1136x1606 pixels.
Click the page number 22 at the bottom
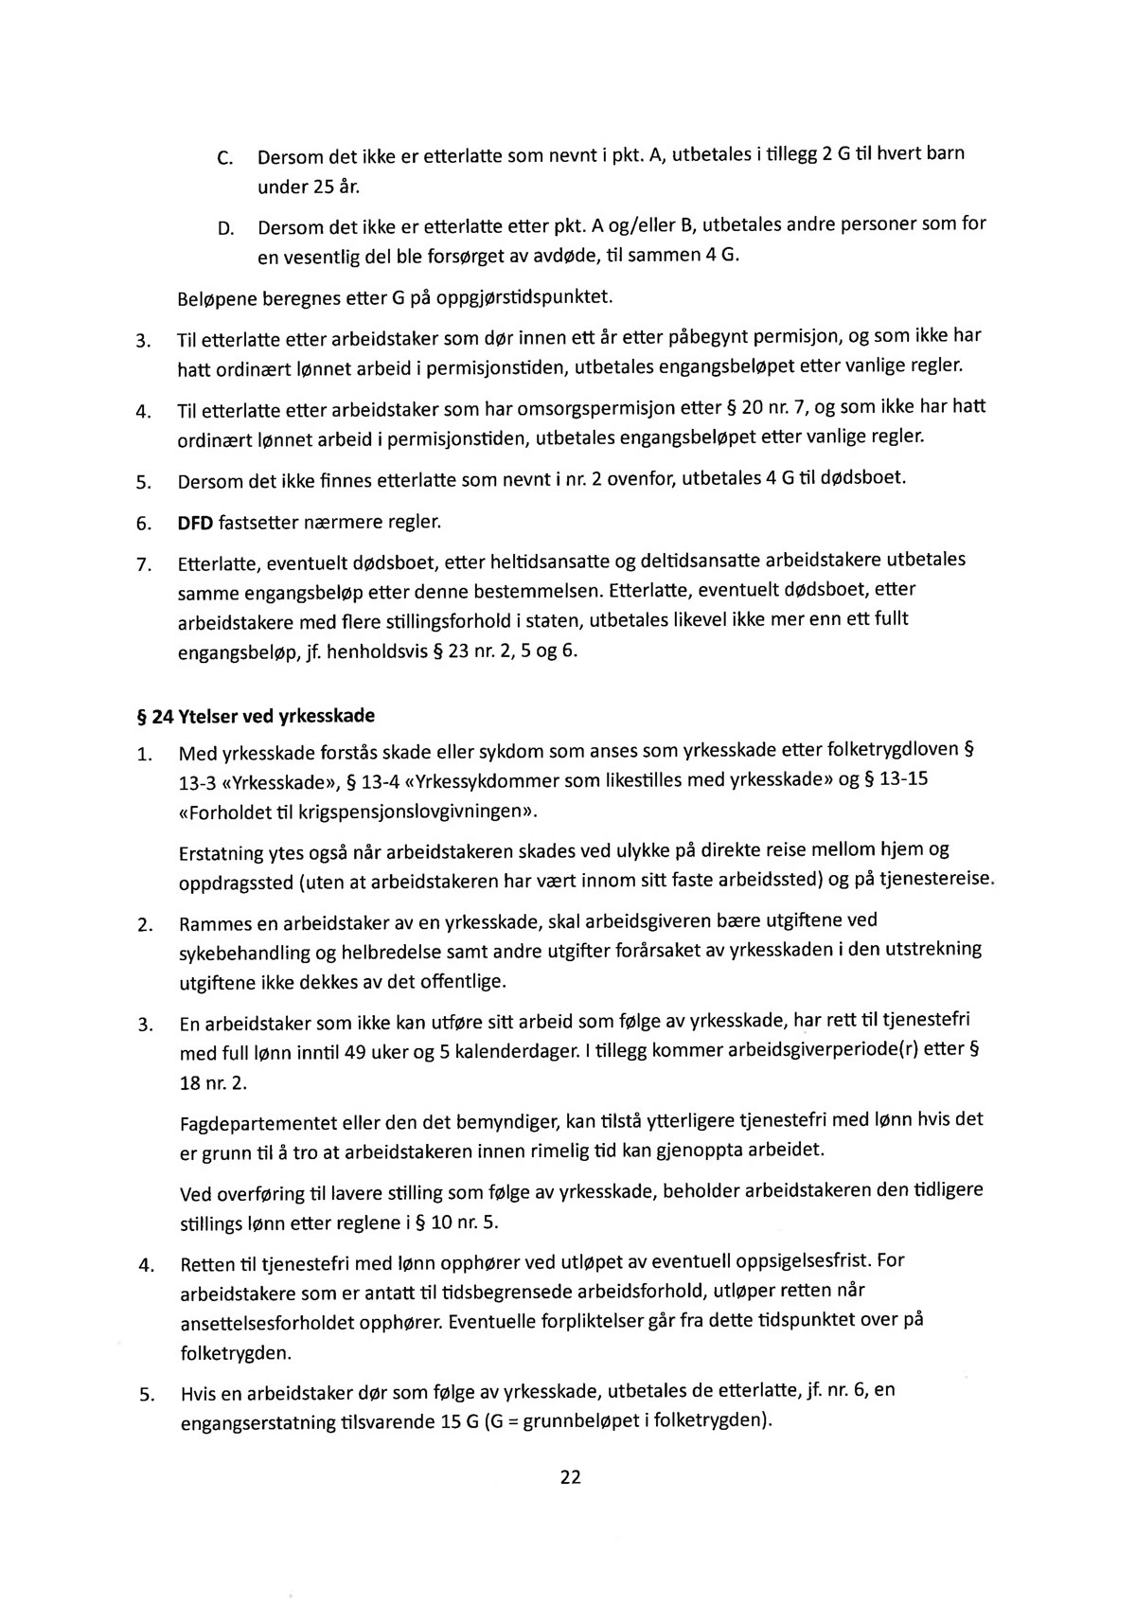point(570,1476)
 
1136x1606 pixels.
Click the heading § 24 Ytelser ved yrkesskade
point(257,716)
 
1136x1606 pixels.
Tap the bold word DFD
point(196,523)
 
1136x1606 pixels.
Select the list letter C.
point(225,157)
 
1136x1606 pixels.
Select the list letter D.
point(225,228)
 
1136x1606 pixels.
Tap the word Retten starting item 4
point(207,1264)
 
